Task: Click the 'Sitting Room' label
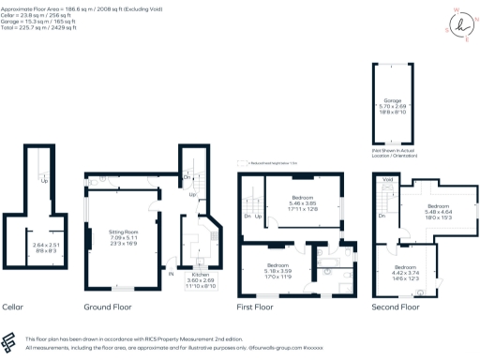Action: [x=125, y=230]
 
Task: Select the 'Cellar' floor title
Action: [x=13, y=307]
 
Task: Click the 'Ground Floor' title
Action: [x=110, y=307]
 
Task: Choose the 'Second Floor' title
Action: [x=397, y=307]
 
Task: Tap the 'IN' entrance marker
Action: [x=171, y=274]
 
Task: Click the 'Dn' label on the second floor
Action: [x=382, y=216]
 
